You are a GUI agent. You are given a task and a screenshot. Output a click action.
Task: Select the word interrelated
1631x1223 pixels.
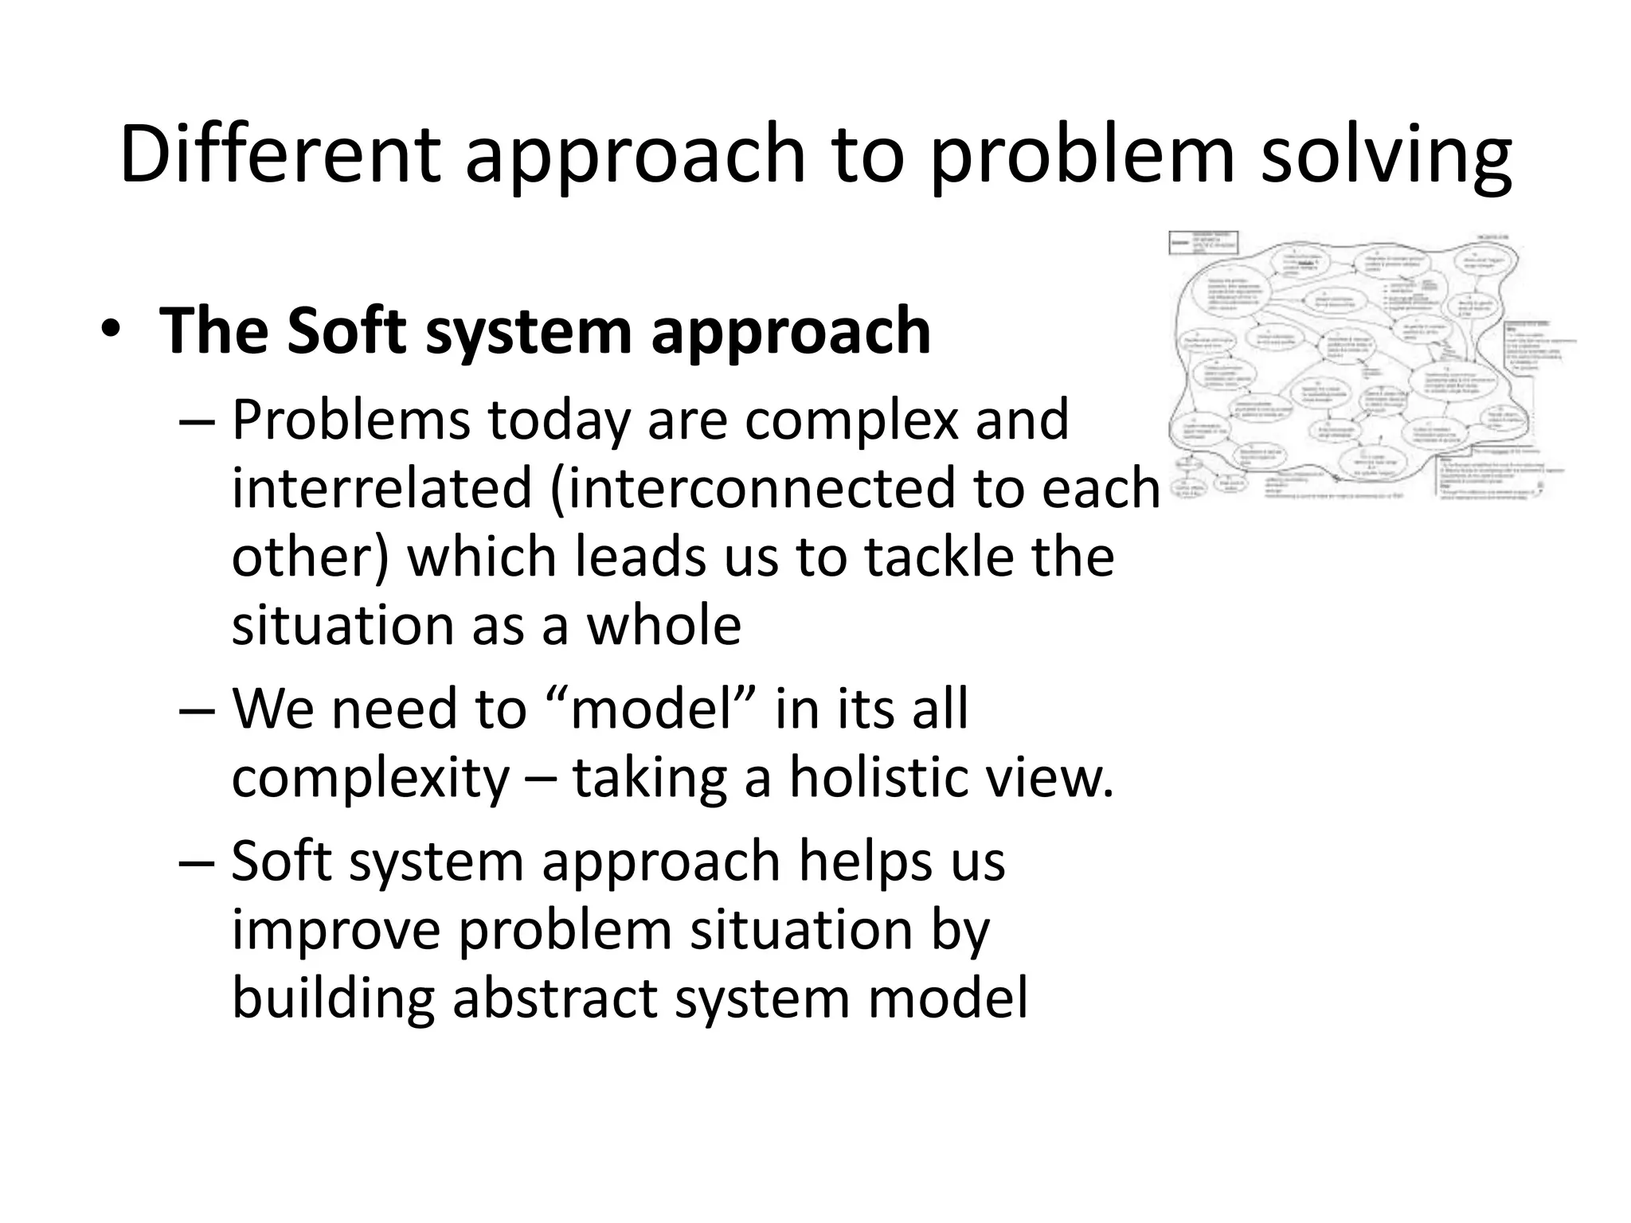click(381, 488)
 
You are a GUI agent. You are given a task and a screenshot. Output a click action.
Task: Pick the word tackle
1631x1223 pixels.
click(939, 557)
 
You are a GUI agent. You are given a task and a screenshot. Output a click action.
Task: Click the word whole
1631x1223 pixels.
click(664, 625)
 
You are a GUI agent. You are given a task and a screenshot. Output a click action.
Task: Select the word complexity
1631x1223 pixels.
click(370, 776)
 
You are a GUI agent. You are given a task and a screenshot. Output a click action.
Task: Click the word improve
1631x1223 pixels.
click(336, 929)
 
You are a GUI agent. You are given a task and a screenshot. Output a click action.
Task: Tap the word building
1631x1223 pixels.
click(333, 998)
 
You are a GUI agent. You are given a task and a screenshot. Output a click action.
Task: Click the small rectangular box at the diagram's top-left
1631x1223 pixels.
click(1203, 243)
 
